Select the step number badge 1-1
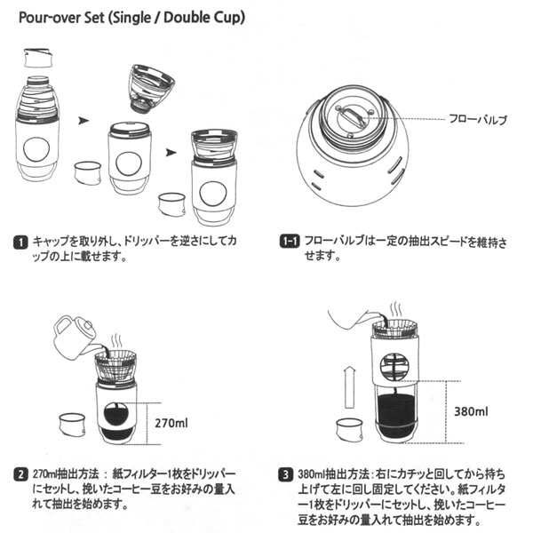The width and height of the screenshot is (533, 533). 288,241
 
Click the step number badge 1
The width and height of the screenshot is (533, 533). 20,241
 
